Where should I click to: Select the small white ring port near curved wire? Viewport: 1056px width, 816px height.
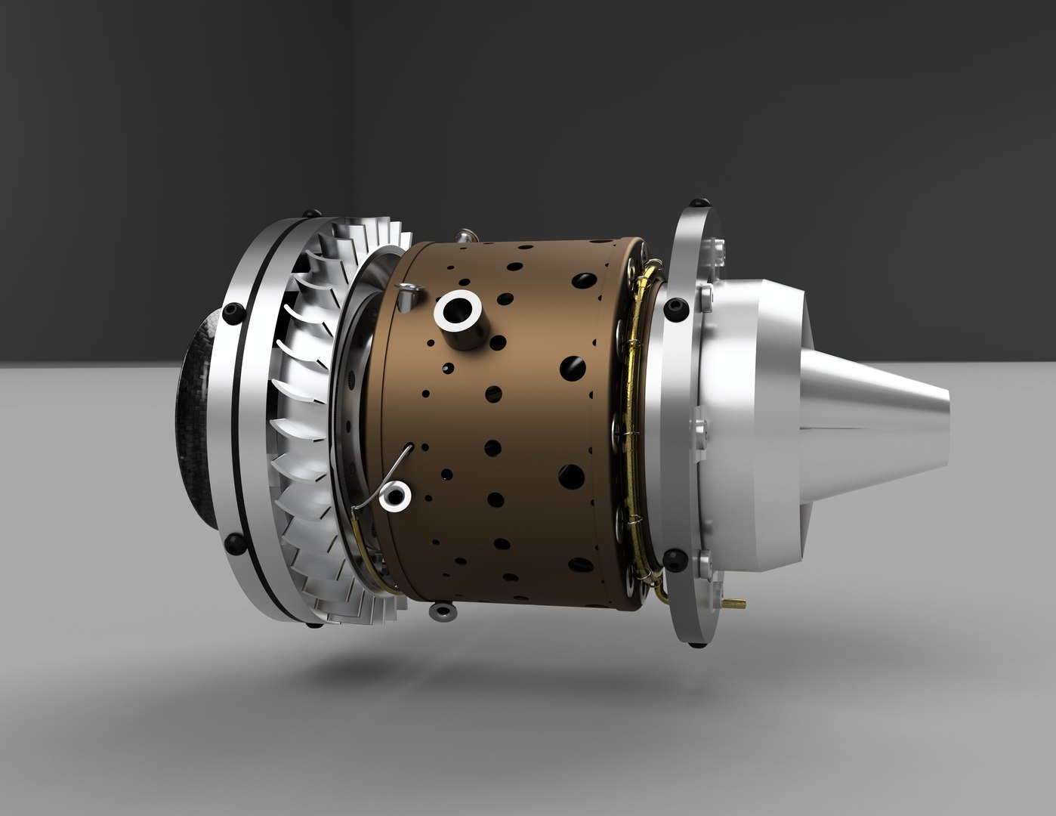pyautogui.click(x=396, y=496)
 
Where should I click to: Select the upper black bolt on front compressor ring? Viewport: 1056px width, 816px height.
pyautogui.click(x=235, y=311)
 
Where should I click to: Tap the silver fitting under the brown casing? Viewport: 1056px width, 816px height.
pyautogui.click(x=442, y=609)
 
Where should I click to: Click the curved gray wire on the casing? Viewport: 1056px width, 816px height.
pyautogui.click(x=385, y=480)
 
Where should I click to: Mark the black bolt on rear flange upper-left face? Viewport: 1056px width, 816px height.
pyautogui.click(x=674, y=307)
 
